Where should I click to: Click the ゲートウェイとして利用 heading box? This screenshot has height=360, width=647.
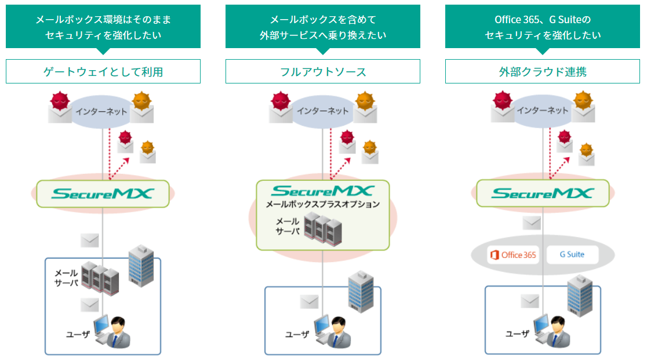click(103, 71)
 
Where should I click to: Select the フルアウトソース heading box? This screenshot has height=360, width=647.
click(322, 71)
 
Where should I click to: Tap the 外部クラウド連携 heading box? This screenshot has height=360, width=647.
click(542, 71)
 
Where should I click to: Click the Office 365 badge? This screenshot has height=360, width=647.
click(513, 254)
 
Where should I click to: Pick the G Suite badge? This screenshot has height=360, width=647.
click(572, 254)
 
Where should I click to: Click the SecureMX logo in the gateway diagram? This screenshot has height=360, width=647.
click(103, 194)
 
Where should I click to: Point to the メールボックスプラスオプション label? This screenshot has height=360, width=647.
click(322, 204)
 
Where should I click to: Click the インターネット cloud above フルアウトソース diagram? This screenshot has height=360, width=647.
click(322, 111)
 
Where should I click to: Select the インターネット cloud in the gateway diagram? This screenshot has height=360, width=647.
click(101, 111)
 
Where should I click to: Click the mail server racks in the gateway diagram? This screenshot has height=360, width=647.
click(100, 277)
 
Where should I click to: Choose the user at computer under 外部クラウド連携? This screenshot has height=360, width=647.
click(554, 332)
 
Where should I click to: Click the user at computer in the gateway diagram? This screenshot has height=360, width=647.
click(114, 333)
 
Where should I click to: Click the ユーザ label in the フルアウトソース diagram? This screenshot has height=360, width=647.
click(297, 334)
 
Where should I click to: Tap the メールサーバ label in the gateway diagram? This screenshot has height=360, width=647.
click(66, 277)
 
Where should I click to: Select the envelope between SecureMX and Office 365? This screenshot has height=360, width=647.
click(532, 223)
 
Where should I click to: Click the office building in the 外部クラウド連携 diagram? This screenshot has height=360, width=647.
click(581, 293)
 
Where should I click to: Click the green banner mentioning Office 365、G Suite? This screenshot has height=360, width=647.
click(542, 27)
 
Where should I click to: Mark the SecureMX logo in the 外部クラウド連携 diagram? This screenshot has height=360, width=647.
click(543, 193)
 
